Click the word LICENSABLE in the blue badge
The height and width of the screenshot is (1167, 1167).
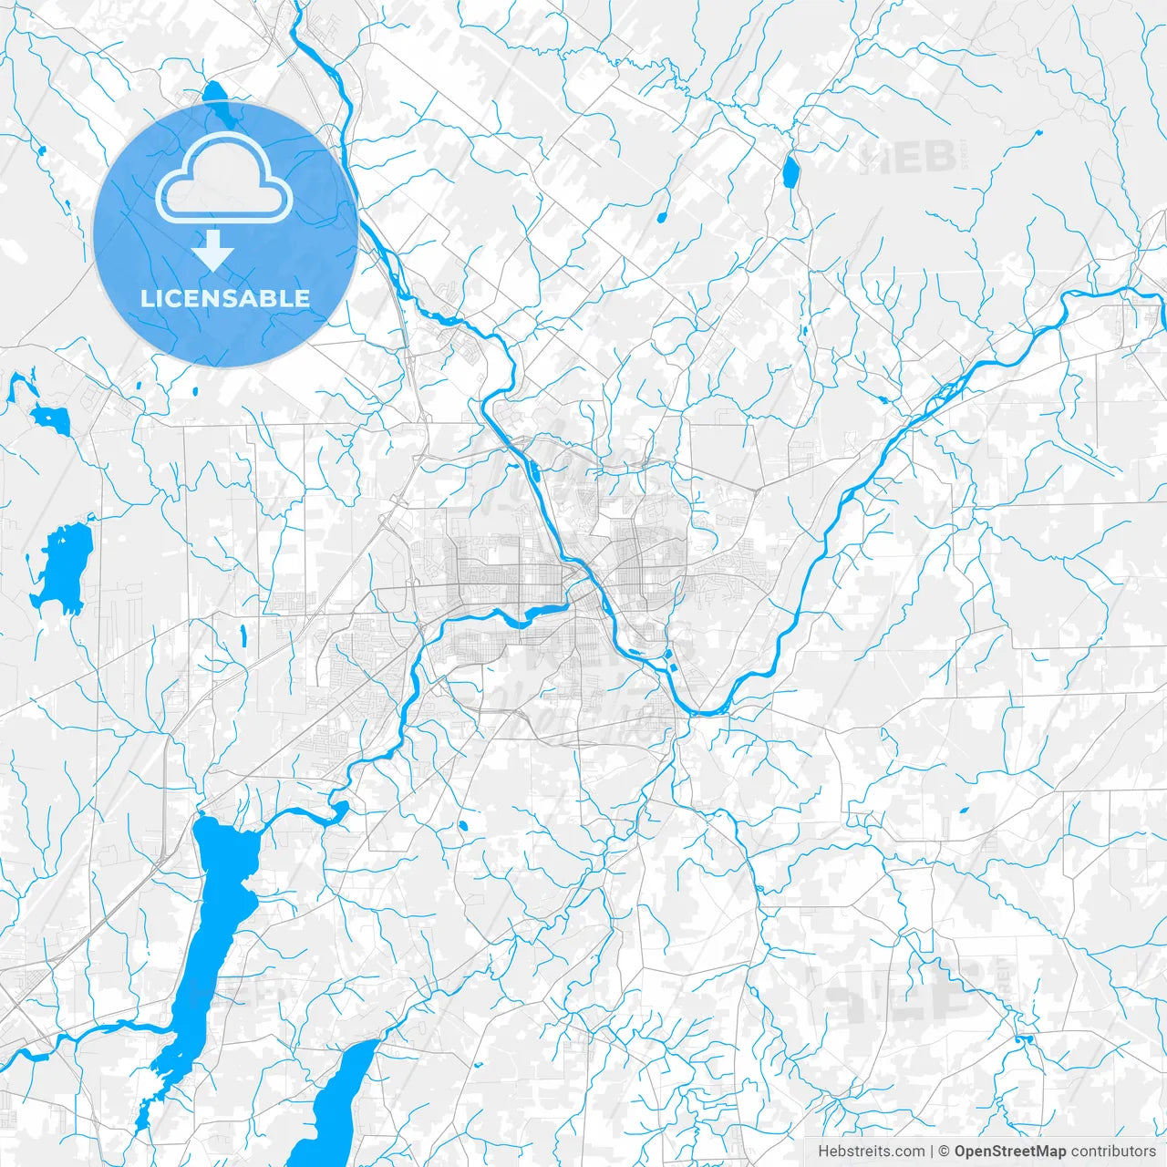click(225, 298)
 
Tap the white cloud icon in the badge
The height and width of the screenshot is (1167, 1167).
click(224, 181)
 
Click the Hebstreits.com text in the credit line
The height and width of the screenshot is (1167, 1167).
click(871, 1151)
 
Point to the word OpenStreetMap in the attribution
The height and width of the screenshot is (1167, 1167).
click(1009, 1151)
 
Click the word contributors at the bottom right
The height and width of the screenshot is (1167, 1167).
click(1113, 1151)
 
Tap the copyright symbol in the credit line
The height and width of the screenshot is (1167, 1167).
click(945, 1151)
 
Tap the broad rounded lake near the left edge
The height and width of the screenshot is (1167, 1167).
click(61, 567)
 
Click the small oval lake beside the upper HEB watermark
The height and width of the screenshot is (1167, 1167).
click(790, 170)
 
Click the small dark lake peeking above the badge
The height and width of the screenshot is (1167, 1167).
click(215, 95)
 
